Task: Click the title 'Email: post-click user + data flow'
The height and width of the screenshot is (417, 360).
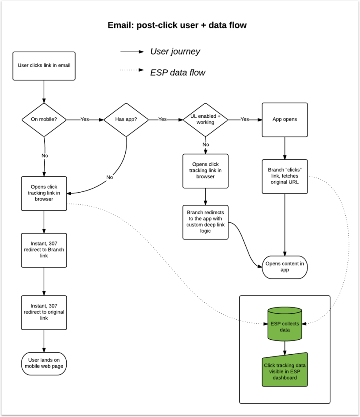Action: tap(177, 25)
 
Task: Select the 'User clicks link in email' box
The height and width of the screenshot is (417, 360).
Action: tap(44, 66)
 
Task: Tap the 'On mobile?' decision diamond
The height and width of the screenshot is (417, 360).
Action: tap(44, 120)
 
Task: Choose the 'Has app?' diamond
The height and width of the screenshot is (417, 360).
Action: tap(126, 120)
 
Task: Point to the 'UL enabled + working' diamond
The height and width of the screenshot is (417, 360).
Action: tap(205, 120)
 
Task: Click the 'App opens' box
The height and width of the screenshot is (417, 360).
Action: tap(284, 120)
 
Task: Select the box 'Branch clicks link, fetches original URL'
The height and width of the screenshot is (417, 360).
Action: tap(284, 176)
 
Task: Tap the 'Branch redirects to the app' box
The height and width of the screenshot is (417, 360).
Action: tap(205, 222)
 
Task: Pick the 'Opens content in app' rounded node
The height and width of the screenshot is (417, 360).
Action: tap(284, 267)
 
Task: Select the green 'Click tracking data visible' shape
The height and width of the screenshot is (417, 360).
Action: tap(284, 371)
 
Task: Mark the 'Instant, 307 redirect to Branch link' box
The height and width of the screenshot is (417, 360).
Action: tap(44, 250)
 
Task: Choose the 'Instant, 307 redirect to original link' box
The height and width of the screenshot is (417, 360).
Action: tap(44, 312)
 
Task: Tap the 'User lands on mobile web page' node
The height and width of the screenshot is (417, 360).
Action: tap(44, 363)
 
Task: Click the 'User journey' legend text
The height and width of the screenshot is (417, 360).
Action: tap(175, 52)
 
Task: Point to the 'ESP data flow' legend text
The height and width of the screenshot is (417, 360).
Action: tap(178, 73)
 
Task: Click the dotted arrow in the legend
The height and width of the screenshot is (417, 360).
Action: tap(132, 71)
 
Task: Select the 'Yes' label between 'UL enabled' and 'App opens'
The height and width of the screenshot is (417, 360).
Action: tap(244, 120)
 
